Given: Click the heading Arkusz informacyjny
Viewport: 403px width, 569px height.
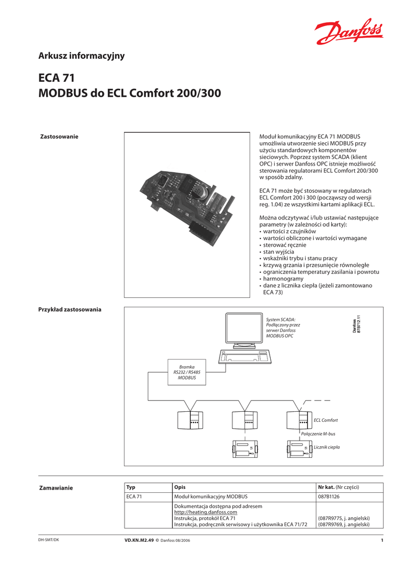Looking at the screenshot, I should click(81, 56).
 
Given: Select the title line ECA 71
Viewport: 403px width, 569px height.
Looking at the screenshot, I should click(56, 78).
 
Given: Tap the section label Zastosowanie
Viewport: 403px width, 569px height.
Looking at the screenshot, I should click(59, 137).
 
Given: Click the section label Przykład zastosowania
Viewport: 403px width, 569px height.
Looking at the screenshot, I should click(69, 309).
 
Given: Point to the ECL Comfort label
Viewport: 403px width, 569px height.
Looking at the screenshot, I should click(326, 421).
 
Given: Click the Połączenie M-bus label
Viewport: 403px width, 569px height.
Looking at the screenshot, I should click(318, 433).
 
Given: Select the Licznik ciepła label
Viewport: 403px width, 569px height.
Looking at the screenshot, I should click(327, 447).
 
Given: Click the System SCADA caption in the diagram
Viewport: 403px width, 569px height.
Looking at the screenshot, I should click(282, 328).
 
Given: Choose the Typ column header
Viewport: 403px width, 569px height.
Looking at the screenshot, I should click(131, 487).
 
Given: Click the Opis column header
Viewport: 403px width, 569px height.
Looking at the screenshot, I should click(180, 487).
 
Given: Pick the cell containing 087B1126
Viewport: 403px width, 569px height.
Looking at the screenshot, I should click(329, 497).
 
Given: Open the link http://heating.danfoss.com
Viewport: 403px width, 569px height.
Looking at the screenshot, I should click(206, 512).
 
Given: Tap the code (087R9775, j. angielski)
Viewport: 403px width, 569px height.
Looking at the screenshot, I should click(344, 518).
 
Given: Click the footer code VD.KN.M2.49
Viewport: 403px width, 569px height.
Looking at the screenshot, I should click(138, 540).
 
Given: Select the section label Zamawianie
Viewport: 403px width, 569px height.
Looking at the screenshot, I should click(56, 488).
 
